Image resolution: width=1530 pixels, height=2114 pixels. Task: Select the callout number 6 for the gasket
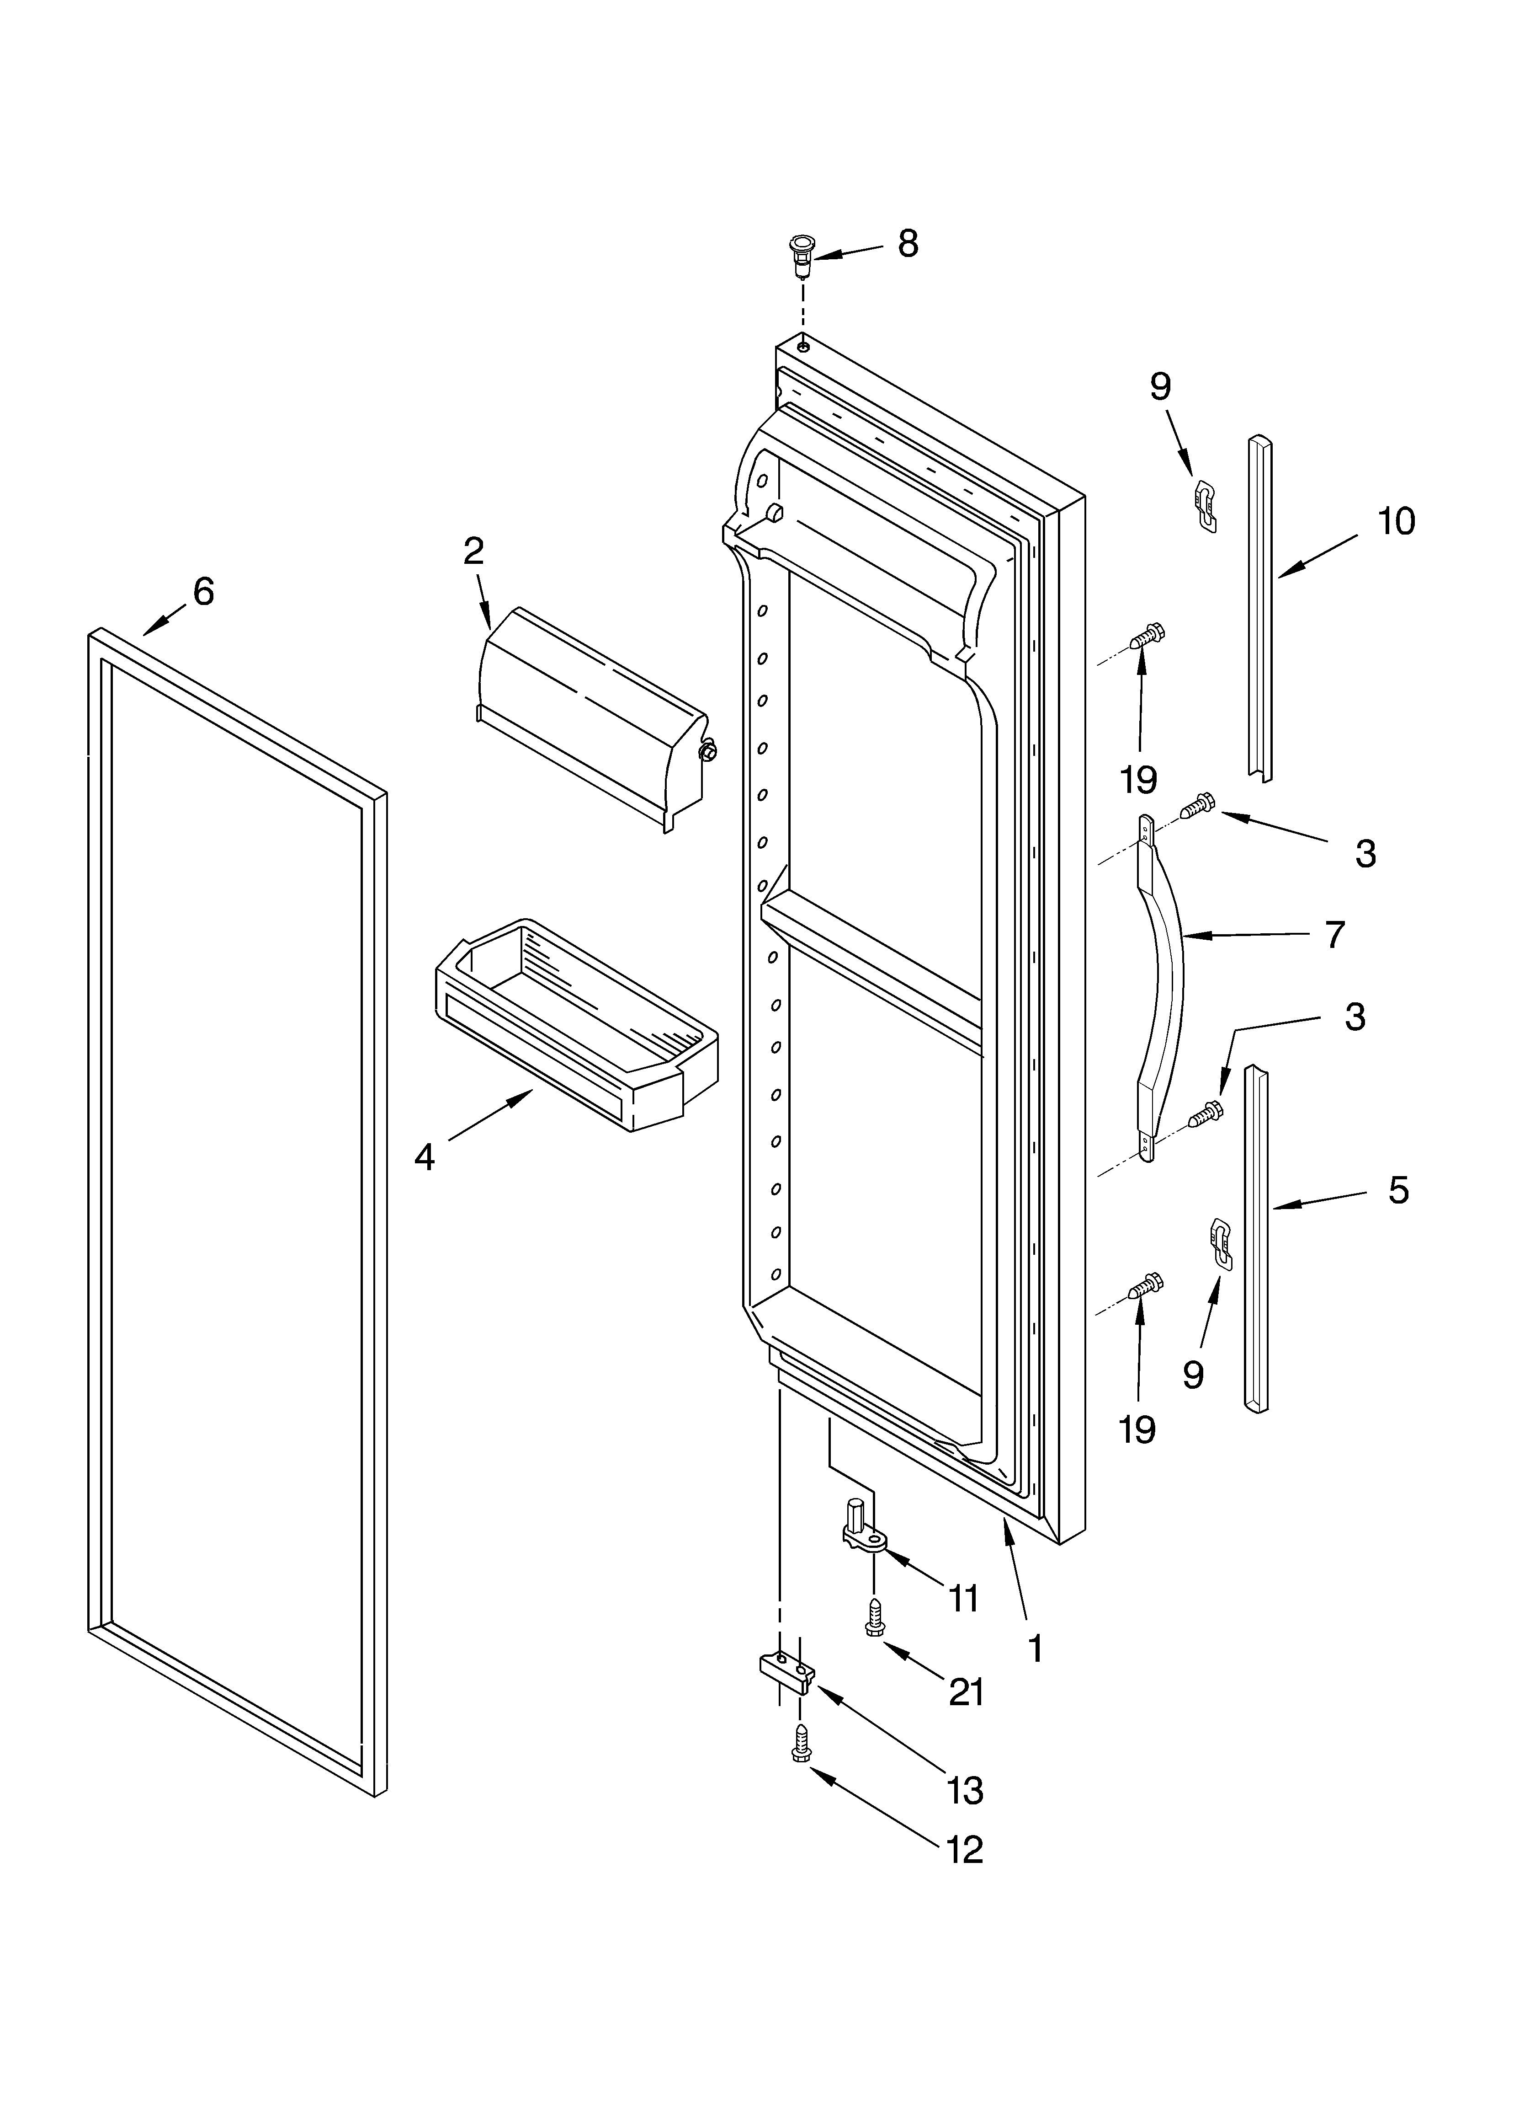(203, 591)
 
